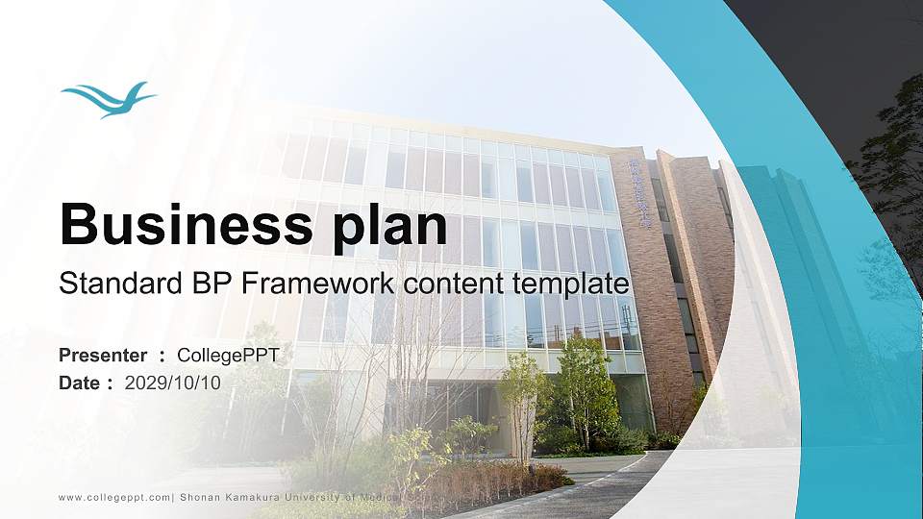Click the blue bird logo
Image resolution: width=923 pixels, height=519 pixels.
click(108, 99)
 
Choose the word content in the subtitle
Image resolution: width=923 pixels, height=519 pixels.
click(460, 284)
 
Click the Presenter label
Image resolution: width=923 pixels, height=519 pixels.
click(103, 356)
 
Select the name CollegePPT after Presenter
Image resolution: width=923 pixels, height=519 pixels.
click(229, 356)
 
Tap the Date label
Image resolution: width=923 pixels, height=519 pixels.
click(80, 383)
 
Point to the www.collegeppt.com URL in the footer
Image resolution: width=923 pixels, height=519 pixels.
click(114, 497)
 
